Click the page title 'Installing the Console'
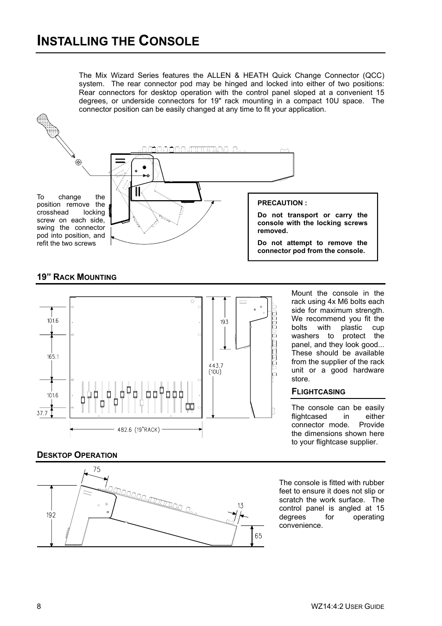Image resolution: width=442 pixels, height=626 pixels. click(x=118, y=41)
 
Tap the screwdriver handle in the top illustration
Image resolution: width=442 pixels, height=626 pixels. click(x=48, y=124)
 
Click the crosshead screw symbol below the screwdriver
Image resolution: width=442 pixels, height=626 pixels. click(x=78, y=162)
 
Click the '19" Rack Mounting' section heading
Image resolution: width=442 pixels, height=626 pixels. click(x=76, y=277)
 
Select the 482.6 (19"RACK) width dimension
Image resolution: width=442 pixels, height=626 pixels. click(x=138, y=430)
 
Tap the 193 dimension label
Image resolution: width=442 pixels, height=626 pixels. click(x=224, y=322)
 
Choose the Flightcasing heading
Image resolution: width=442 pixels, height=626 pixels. click(x=318, y=392)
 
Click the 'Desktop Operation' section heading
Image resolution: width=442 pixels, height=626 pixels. click(x=77, y=455)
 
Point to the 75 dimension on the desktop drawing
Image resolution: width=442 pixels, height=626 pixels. click(x=96, y=469)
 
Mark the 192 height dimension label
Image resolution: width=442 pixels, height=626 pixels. click(x=51, y=515)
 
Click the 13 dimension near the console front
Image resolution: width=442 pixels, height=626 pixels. click(x=240, y=506)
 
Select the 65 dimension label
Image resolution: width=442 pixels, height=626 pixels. click(x=258, y=536)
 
